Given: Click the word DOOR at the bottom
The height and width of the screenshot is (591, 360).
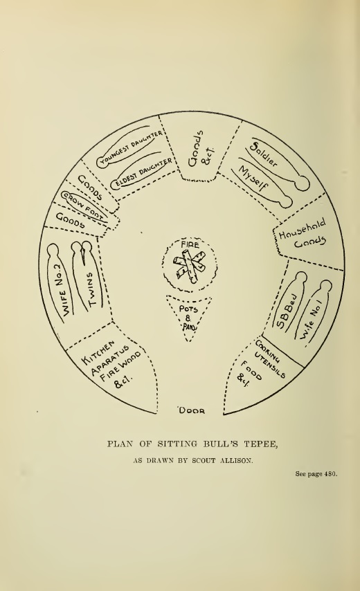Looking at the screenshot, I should click(x=192, y=410).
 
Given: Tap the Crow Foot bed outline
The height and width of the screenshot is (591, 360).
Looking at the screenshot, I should click(x=83, y=206).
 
